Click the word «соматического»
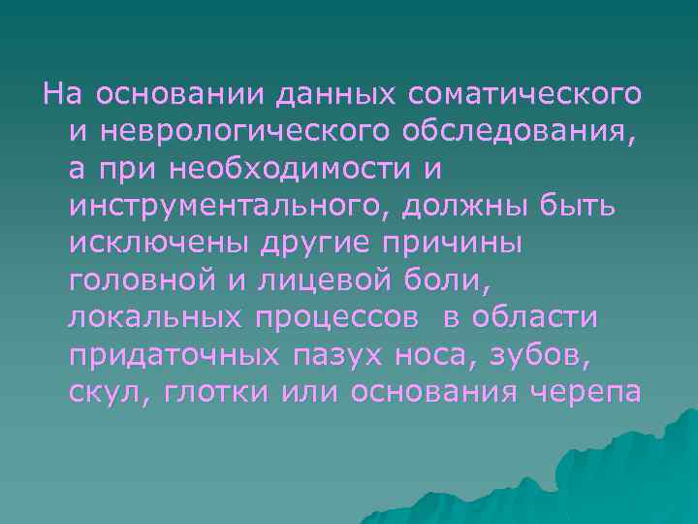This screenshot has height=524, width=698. (524, 94)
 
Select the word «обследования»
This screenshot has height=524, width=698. (519, 131)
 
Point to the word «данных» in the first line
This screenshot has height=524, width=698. (335, 94)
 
